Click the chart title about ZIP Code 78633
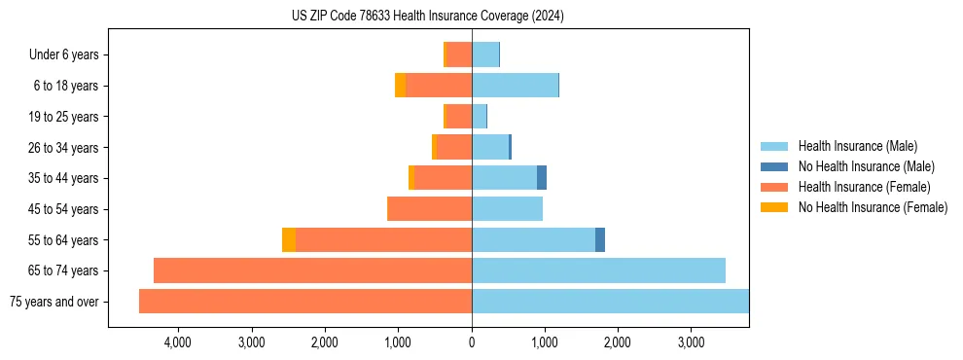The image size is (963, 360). (428, 17)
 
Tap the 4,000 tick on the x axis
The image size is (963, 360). (178, 342)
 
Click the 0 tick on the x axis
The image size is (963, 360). (472, 342)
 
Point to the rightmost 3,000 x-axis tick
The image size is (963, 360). (691, 342)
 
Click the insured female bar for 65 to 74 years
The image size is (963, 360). (312, 270)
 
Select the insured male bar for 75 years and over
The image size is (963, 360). (610, 302)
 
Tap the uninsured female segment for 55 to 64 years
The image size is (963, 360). (289, 239)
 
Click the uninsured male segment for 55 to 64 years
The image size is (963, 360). (600, 239)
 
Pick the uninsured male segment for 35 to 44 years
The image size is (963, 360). (542, 178)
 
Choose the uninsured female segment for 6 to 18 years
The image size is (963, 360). (401, 86)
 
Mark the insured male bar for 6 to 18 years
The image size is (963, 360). (515, 86)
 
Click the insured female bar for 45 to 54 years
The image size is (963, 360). (429, 209)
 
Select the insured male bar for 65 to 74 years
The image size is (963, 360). (598, 270)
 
